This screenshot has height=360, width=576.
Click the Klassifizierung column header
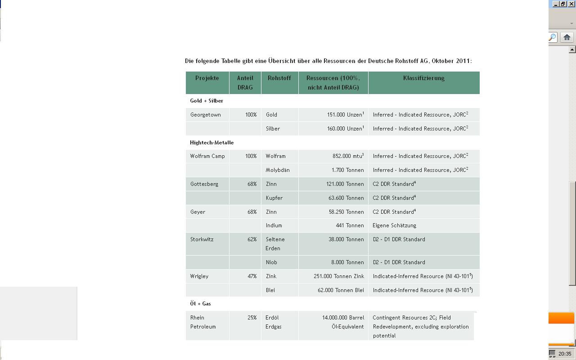point(423,78)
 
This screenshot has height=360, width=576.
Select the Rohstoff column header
point(279,78)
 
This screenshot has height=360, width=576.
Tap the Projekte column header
point(207,78)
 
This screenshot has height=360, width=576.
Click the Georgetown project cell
point(206,115)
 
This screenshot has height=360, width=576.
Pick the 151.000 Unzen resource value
point(345,115)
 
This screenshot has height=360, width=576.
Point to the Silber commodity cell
point(273,129)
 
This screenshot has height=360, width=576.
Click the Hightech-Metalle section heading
point(211,143)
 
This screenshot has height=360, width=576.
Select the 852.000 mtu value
point(348,156)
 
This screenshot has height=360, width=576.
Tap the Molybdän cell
point(278,170)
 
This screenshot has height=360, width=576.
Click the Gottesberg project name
point(204,184)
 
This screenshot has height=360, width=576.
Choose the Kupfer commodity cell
point(274,198)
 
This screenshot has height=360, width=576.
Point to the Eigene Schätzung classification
point(394,225)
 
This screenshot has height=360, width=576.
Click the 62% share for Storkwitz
point(252,239)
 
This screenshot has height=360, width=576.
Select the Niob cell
point(271,262)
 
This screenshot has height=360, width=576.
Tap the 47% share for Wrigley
point(252,276)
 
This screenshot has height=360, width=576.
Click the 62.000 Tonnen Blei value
point(341,290)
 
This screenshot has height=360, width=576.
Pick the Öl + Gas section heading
point(200,304)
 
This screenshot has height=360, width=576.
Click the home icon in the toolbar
point(567,37)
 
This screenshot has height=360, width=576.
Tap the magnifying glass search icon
point(552,37)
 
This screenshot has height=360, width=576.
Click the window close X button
point(571,4)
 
